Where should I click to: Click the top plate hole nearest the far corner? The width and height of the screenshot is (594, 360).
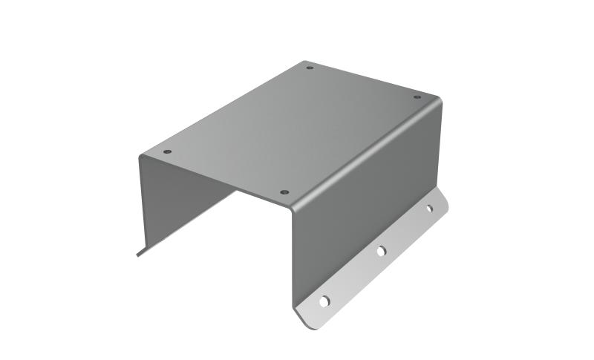point(310,68)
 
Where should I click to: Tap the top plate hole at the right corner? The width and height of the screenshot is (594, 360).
point(417,96)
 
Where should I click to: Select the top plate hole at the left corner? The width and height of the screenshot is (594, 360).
point(167,151)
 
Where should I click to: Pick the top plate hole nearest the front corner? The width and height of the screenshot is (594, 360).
point(284,192)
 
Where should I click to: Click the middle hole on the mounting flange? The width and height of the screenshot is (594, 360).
point(380,252)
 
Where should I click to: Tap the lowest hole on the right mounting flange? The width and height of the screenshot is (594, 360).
point(324,301)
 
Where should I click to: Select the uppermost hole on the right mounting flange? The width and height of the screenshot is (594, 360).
point(428,209)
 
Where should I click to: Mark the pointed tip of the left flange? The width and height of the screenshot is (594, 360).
point(137,255)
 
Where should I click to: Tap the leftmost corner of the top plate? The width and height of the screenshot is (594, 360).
point(140,157)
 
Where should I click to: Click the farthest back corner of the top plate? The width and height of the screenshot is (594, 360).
point(304,62)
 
